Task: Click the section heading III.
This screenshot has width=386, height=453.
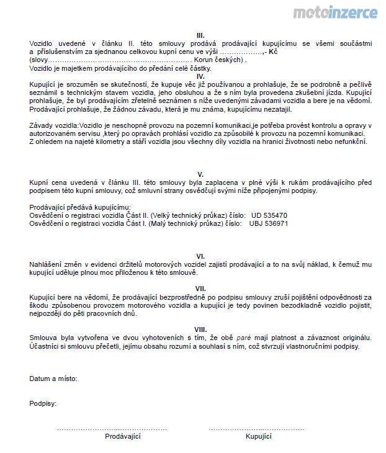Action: (200, 35)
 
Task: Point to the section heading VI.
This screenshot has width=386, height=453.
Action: (200, 256)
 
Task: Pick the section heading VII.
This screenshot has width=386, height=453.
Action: (200, 289)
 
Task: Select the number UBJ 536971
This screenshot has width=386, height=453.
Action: (270, 223)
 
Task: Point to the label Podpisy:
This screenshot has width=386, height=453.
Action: (43, 403)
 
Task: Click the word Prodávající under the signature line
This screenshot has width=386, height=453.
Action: (123, 437)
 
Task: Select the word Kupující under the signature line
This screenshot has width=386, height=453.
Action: (259, 437)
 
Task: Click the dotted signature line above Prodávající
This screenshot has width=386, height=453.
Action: (112, 429)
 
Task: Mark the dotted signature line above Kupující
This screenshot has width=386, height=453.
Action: (259, 429)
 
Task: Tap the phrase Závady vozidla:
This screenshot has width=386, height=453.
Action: (54, 125)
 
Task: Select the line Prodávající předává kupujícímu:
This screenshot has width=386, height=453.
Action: (81, 206)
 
